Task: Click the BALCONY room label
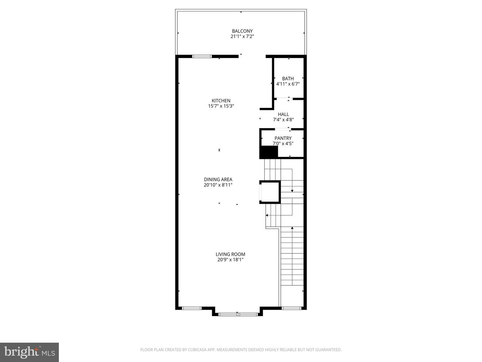242,31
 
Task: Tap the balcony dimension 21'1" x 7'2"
242,37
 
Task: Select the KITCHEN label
221,101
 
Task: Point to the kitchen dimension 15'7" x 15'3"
221,106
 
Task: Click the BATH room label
288,79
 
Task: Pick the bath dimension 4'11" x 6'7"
288,84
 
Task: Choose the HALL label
283,114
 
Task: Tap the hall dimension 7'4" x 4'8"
283,120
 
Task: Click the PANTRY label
283,138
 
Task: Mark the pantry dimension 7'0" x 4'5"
283,143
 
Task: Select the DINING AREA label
218,179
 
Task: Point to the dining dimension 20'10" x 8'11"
218,185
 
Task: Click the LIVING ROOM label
230,254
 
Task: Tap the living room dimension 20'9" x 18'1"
230,260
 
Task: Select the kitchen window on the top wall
202,56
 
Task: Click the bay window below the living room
237,314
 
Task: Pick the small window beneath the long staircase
292,308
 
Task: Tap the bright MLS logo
29,352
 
